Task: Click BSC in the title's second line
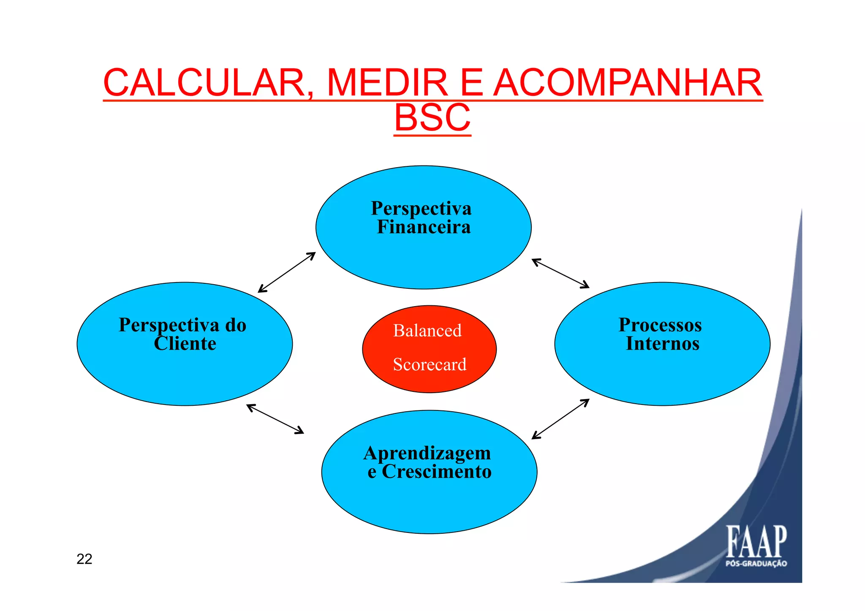click(432, 118)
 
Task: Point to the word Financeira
click(424, 227)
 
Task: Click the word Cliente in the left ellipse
click(185, 344)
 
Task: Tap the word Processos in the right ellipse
click(660, 325)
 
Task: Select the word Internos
click(662, 344)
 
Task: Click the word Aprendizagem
click(427, 453)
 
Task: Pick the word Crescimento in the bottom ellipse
click(437, 472)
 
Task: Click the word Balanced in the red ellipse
click(427, 331)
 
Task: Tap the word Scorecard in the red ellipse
click(430, 364)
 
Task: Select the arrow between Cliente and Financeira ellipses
click(287, 272)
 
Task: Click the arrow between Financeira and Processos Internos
click(560, 274)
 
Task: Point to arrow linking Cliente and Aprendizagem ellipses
click(275, 419)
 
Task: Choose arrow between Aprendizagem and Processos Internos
click(560, 419)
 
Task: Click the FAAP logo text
click(756, 542)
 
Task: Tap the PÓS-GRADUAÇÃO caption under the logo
click(756, 563)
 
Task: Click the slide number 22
click(84, 559)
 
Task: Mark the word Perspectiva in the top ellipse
click(421, 209)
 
